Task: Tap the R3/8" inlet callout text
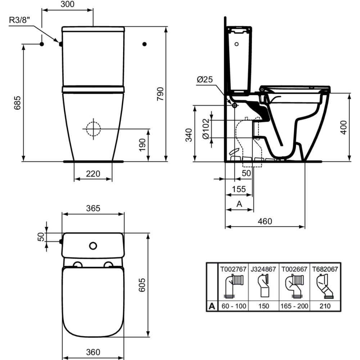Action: [x=18, y=20]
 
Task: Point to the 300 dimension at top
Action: [x=67, y=4]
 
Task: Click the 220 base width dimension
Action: [x=93, y=174]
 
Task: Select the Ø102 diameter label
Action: [x=206, y=129]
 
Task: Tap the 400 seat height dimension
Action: [x=344, y=127]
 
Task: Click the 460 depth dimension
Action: [x=265, y=221]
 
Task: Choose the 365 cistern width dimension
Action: [x=93, y=208]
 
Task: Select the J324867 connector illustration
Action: [x=264, y=286]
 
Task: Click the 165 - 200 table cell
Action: [x=294, y=306]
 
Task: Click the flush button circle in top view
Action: [x=93, y=246]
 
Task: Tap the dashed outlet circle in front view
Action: [x=93, y=128]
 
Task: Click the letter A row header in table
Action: [x=212, y=306]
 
